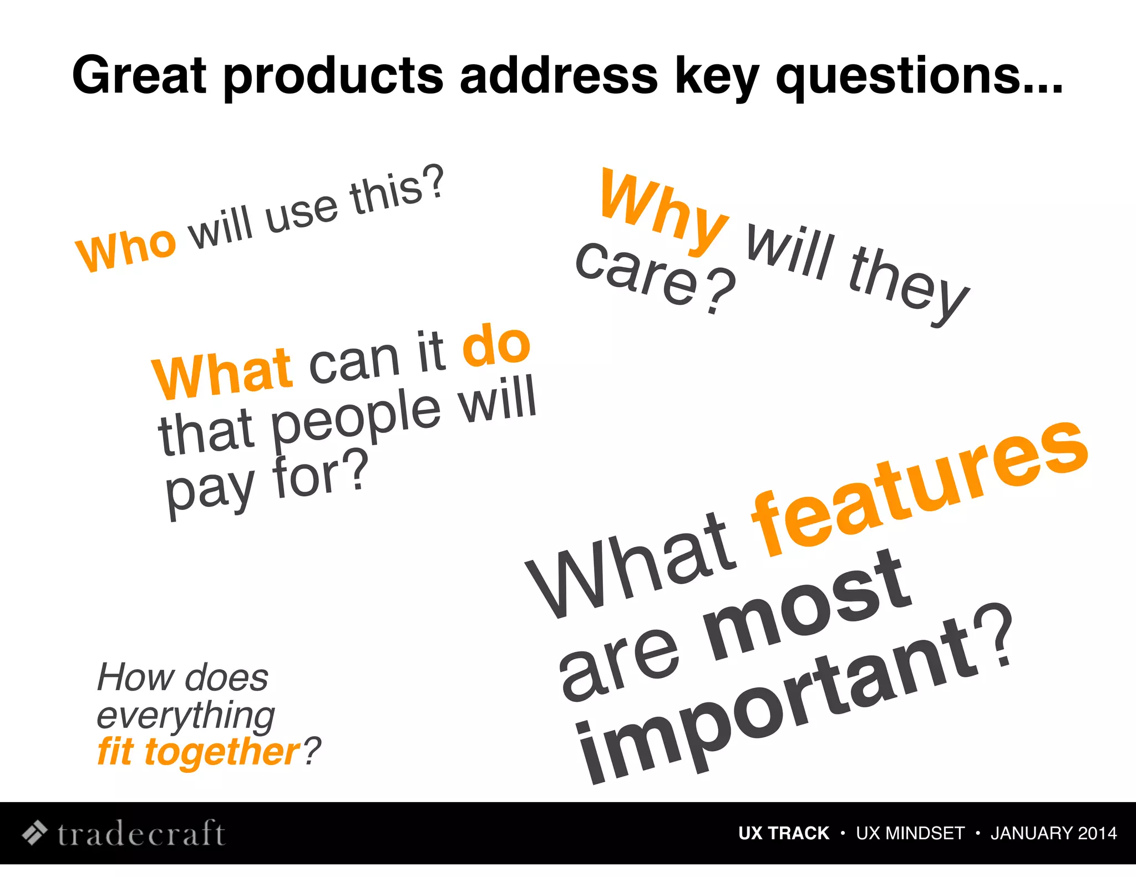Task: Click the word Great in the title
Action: [x=139, y=75]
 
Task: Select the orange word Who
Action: [x=126, y=249]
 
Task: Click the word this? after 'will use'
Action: [x=397, y=191]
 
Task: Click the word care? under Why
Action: [x=655, y=277]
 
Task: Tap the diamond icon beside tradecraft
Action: [x=34, y=833]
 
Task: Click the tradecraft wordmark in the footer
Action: [x=141, y=833]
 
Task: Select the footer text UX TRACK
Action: [x=783, y=833]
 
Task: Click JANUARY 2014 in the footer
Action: [x=1053, y=833]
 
